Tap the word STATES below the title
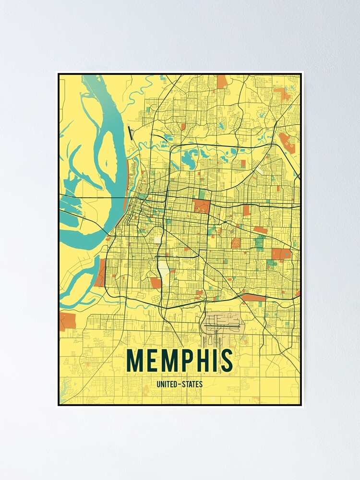tap(192, 384)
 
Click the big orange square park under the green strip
tap(202, 206)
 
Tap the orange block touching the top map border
tap(222, 82)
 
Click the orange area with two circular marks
tap(287, 142)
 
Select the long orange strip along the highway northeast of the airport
tap(253, 298)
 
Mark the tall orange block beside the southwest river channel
tap(101, 273)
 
